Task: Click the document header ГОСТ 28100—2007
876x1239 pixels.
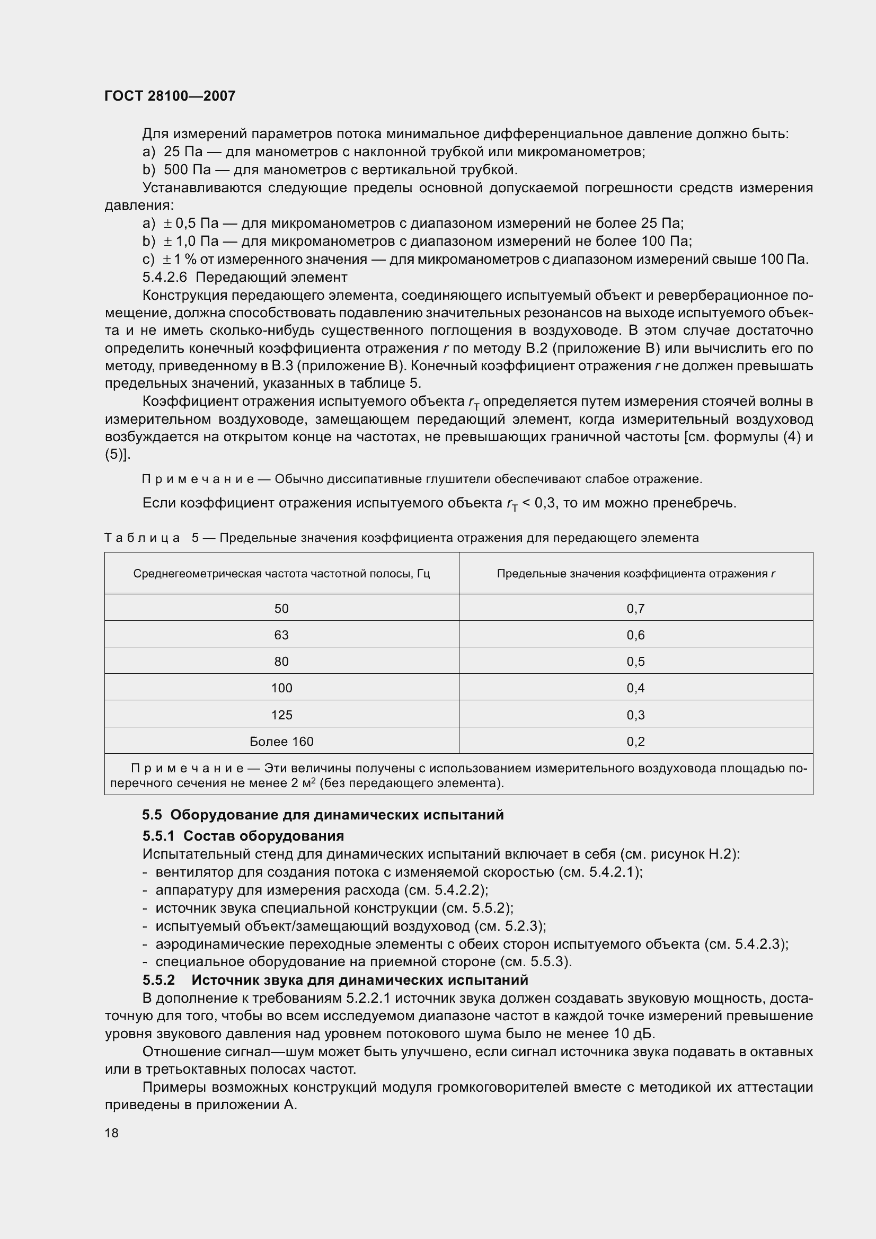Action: point(170,96)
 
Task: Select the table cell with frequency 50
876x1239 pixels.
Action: point(281,609)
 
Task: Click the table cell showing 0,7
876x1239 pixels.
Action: point(635,609)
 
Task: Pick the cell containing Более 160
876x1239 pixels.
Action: point(281,742)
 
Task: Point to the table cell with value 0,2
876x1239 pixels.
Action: point(635,742)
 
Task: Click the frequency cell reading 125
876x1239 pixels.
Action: point(281,715)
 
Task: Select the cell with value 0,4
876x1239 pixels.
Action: point(635,688)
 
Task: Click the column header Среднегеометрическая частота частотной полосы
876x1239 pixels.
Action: point(281,574)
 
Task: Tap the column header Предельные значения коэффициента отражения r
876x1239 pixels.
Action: point(635,574)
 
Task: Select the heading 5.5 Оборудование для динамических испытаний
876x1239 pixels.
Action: point(323,815)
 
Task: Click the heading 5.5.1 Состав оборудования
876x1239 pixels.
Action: point(243,836)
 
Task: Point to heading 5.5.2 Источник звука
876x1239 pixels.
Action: point(334,979)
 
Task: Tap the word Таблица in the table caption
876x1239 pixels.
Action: point(142,538)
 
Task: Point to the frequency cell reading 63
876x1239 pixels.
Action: point(281,635)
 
